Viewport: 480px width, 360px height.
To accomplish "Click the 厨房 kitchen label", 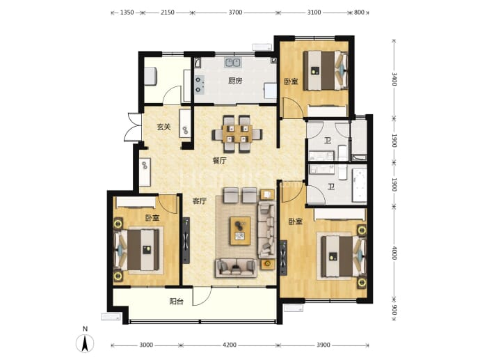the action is (x=235, y=81).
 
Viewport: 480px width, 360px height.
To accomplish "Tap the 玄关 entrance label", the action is (x=163, y=127).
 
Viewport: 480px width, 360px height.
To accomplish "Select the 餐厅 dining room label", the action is (x=220, y=160).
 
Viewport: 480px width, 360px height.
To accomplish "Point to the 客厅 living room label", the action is (x=199, y=201).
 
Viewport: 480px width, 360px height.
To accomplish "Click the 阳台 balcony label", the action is (x=176, y=302).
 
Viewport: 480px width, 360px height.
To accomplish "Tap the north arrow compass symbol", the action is (x=85, y=343).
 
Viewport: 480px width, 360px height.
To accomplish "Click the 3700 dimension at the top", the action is (x=235, y=13).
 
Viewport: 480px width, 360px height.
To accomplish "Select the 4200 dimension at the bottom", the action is (x=230, y=345).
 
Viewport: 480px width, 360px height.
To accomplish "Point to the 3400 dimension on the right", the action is (x=394, y=79).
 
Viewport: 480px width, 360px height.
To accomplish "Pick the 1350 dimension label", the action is (x=127, y=13).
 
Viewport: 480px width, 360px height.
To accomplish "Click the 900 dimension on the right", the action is (x=394, y=310).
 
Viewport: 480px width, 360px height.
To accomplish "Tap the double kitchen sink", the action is (x=232, y=62).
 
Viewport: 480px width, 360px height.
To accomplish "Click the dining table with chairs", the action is (x=237, y=134).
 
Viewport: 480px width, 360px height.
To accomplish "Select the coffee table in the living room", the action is (x=240, y=230).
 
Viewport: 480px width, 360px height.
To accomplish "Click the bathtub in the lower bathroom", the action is (x=360, y=185).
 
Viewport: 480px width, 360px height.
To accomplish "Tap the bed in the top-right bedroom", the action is (x=326, y=70).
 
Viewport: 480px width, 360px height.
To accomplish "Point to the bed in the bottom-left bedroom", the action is (x=136, y=250).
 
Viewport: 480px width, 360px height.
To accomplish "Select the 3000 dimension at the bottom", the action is (x=146, y=345).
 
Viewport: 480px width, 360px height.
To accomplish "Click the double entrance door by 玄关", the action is (x=133, y=127).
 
